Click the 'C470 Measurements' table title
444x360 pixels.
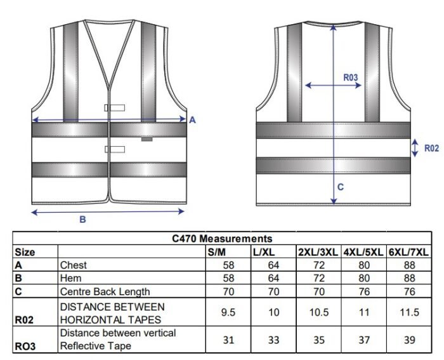222,239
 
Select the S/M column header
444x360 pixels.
217,252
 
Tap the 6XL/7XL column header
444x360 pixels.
408,252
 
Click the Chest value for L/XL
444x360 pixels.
273,265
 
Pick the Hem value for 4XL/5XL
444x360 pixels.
364,278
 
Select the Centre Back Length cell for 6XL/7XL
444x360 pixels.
410,291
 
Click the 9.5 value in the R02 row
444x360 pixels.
228,312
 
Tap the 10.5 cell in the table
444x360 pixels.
319,312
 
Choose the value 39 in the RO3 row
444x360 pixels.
410,340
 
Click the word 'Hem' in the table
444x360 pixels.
70,278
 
